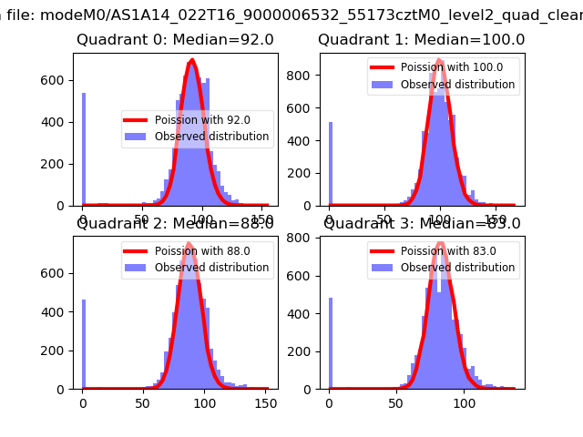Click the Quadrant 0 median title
tap(175, 40)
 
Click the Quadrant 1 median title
tap(421, 40)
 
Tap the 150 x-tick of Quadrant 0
tap(261, 219)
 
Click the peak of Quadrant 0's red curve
tap(192, 61)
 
